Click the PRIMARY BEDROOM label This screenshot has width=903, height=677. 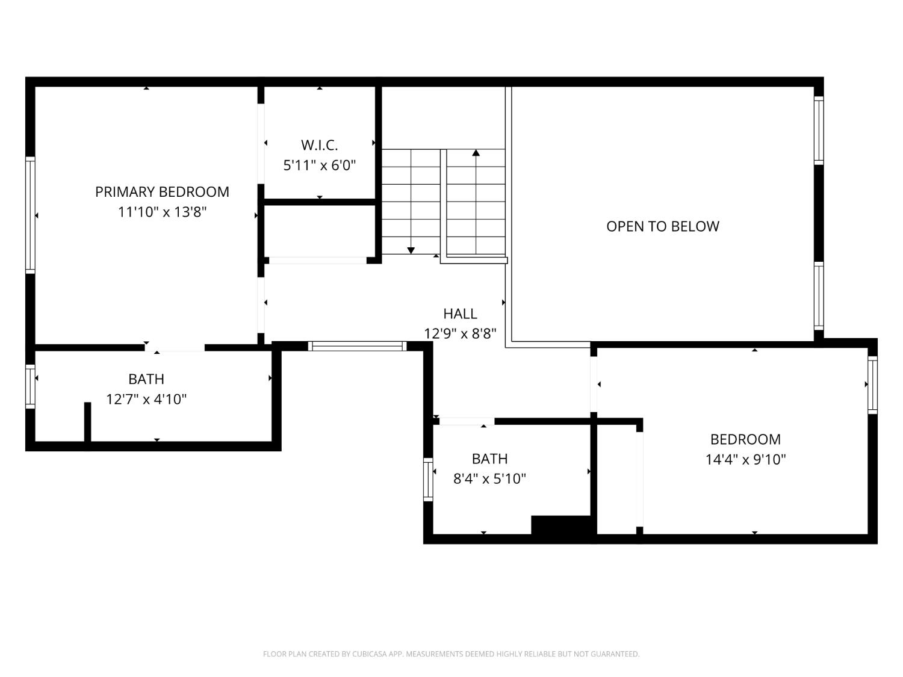(x=162, y=192)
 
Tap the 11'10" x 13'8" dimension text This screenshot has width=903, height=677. (x=162, y=212)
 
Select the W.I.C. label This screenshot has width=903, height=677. (x=319, y=145)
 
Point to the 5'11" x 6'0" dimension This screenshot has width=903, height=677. (x=319, y=165)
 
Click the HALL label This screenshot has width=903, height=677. (x=460, y=314)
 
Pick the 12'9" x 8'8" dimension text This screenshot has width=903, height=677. (x=460, y=333)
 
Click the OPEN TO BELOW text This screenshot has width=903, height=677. (x=662, y=226)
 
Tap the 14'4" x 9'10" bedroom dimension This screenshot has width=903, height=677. (x=745, y=460)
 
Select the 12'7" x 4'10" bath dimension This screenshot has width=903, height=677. (x=146, y=399)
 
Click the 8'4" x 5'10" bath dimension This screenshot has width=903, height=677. (x=489, y=479)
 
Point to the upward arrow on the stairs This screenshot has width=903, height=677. (x=476, y=153)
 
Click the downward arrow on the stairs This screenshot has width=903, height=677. (x=411, y=249)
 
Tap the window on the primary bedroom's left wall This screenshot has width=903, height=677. (x=30, y=215)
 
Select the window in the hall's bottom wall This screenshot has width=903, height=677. (x=357, y=346)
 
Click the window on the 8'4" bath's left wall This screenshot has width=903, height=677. (x=428, y=479)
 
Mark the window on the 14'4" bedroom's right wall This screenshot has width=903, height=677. (x=872, y=385)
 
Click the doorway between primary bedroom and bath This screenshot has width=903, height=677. (x=175, y=348)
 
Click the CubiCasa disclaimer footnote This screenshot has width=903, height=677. (x=451, y=654)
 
